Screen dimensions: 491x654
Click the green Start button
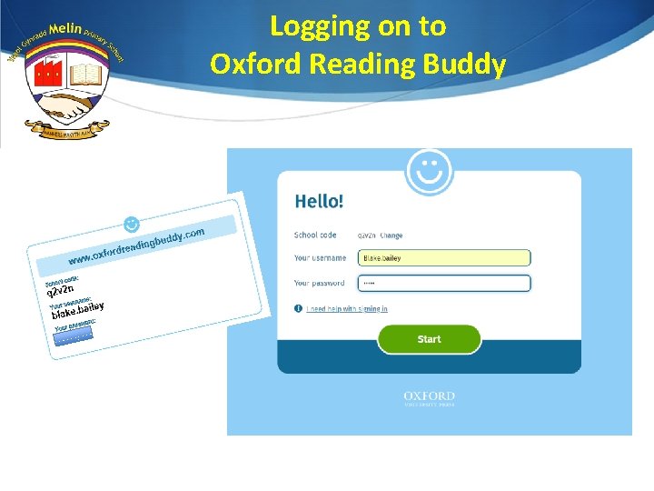(x=429, y=339)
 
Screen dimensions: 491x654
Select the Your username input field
(x=444, y=258)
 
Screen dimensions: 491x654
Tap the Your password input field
(x=444, y=283)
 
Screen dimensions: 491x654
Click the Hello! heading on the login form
(x=319, y=201)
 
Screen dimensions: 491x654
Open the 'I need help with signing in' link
(x=347, y=309)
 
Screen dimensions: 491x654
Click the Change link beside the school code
(x=391, y=235)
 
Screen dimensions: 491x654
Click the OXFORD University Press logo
(x=429, y=398)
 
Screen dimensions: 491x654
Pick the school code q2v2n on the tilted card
(x=59, y=290)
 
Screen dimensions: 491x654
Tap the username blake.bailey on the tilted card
(x=77, y=311)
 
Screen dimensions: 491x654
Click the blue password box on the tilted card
(x=73, y=338)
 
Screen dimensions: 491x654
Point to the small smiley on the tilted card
(x=132, y=223)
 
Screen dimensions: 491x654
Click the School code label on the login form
(x=315, y=235)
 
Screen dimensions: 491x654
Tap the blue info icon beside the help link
(x=299, y=309)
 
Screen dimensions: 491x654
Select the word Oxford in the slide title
(x=252, y=64)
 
